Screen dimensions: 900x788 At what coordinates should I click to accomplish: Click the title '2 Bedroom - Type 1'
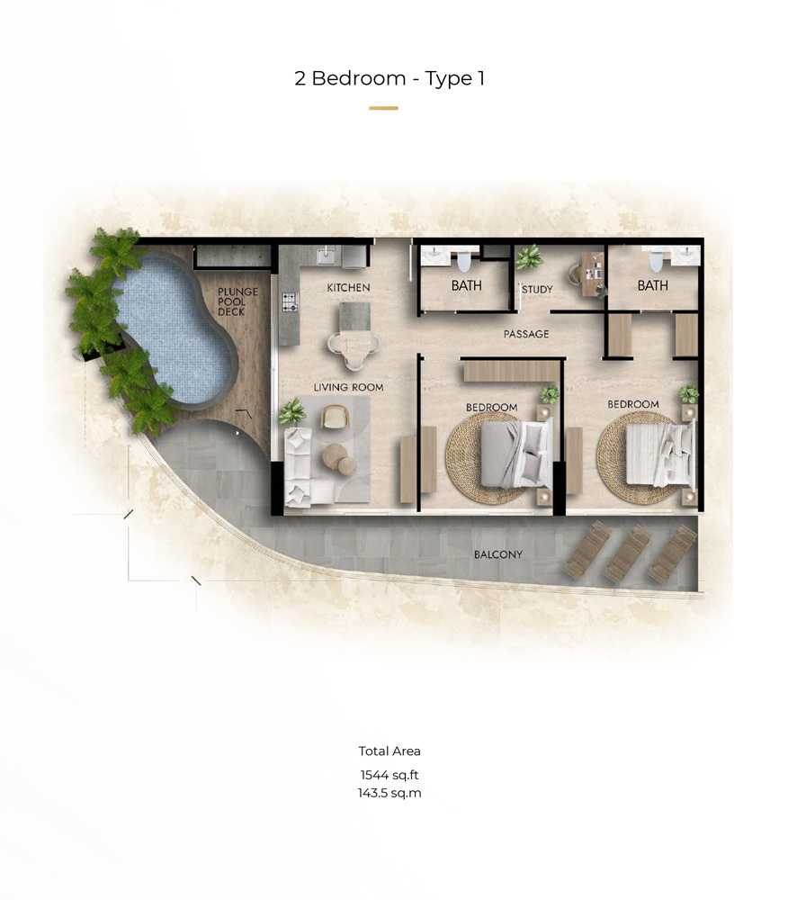coord(390,78)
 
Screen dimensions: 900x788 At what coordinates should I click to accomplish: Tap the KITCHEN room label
coord(348,287)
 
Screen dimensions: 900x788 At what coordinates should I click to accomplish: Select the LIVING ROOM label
coord(348,388)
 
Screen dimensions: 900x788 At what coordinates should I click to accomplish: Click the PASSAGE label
coord(526,334)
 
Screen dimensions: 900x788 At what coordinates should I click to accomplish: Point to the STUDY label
coord(537,289)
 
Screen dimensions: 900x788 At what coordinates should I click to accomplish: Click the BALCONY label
coord(497,554)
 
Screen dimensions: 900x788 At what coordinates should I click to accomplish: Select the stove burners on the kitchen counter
coord(290,302)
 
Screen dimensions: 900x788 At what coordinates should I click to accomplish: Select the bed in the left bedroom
coord(515,454)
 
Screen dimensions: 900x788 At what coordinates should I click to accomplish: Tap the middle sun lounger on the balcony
coord(628,553)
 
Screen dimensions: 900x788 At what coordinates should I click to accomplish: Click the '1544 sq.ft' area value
coord(390,774)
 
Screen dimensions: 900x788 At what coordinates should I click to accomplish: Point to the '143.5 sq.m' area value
coord(390,793)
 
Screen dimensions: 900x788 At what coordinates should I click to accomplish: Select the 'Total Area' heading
coord(390,751)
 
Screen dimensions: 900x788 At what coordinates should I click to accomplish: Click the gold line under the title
coord(383,108)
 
